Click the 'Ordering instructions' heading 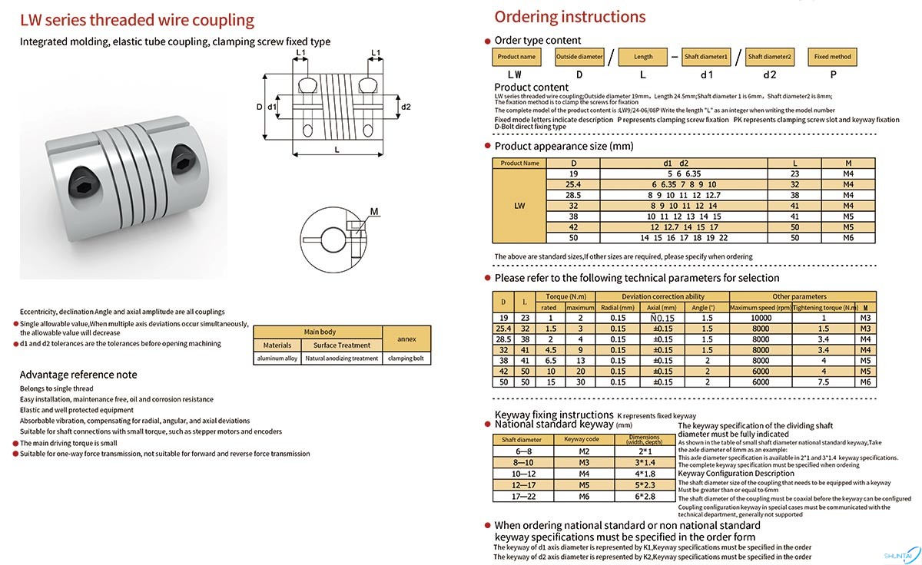569,17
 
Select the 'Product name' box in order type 516,57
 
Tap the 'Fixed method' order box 833,57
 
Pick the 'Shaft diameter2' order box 769,57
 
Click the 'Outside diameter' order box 579,57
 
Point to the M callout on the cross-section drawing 374,210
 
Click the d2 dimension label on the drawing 406,107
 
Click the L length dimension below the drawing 337,150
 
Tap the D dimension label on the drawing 259,107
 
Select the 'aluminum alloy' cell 277,358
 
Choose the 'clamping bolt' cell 406,358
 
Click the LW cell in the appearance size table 519,206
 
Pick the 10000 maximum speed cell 760,317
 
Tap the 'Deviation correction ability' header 662,296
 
